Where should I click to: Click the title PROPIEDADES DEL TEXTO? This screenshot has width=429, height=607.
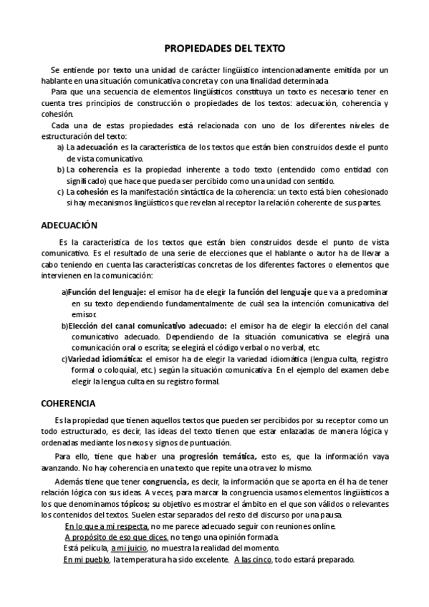225,49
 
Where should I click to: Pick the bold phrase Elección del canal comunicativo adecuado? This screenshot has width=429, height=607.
147,326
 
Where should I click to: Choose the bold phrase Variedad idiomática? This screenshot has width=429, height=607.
105,359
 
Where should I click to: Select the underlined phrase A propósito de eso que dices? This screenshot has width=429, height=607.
117,537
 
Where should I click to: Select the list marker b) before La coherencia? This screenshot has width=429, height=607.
61,170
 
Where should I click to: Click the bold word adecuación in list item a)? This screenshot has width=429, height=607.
98,147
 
